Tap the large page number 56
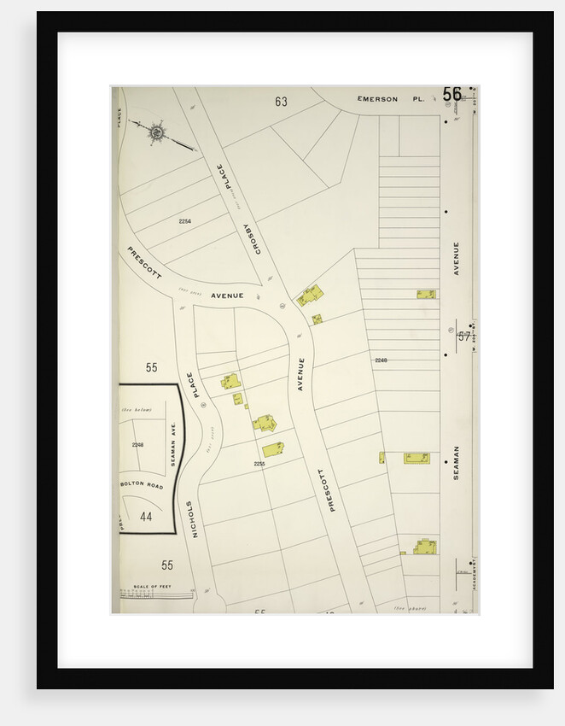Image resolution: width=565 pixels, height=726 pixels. [x=452, y=94]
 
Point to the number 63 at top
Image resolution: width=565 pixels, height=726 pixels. [x=281, y=102]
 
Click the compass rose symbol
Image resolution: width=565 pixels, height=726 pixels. [x=157, y=132]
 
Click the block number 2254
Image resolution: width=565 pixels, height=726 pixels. [x=184, y=221]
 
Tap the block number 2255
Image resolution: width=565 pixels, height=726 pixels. [x=259, y=464]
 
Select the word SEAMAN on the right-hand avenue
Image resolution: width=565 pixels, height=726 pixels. [x=457, y=462]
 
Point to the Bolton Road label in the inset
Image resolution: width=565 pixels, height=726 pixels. [x=141, y=484]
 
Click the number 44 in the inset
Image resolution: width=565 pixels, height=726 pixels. [x=146, y=517]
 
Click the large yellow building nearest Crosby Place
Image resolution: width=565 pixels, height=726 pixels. [x=310, y=296]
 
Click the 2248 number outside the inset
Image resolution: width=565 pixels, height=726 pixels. [x=381, y=360]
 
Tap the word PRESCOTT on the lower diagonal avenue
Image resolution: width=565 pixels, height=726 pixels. [x=327, y=490]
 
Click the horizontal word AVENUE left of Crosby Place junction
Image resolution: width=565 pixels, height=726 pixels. [x=228, y=296]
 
